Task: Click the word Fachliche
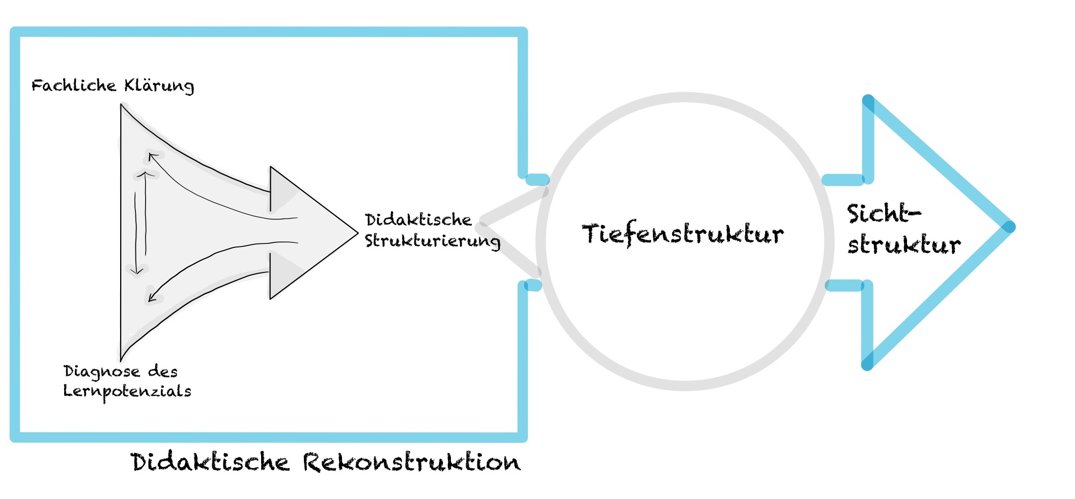(74, 85)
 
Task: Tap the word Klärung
(159, 86)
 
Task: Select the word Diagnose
(102, 372)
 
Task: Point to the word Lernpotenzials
(127, 392)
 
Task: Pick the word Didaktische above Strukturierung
(418, 220)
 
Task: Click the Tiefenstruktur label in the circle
(683, 234)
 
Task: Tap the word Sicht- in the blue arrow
(884, 213)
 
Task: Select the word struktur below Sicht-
(904, 245)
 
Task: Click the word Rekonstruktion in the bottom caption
(412, 462)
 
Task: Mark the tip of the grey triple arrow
(356, 233)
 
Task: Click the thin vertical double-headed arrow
(141, 223)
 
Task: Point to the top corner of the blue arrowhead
(868, 100)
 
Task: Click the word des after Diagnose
(163, 372)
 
